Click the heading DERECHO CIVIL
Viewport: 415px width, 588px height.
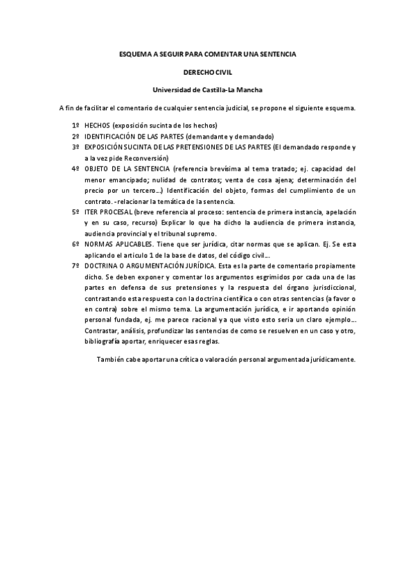tap(207, 71)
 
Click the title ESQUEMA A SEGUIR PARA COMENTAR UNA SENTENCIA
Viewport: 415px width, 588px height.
tap(207, 53)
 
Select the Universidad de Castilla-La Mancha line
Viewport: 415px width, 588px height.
tap(207, 89)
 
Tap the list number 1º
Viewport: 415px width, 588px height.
tap(76, 126)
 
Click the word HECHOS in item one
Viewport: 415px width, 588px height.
tap(98, 126)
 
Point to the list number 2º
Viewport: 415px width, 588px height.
tap(76, 136)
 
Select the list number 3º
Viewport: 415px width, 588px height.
tap(76, 147)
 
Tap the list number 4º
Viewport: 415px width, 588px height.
tap(76, 168)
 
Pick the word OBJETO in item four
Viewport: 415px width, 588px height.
tap(98, 168)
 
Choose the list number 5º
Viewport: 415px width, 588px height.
tap(76, 211)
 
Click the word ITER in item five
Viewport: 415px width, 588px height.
tap(92, 211)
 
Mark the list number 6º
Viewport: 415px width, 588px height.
tap(76, 244)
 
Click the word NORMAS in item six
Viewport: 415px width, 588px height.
tap(100, 244)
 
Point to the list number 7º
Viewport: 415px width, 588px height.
tap(76, 266)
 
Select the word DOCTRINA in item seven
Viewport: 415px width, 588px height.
tap(103, 266)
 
